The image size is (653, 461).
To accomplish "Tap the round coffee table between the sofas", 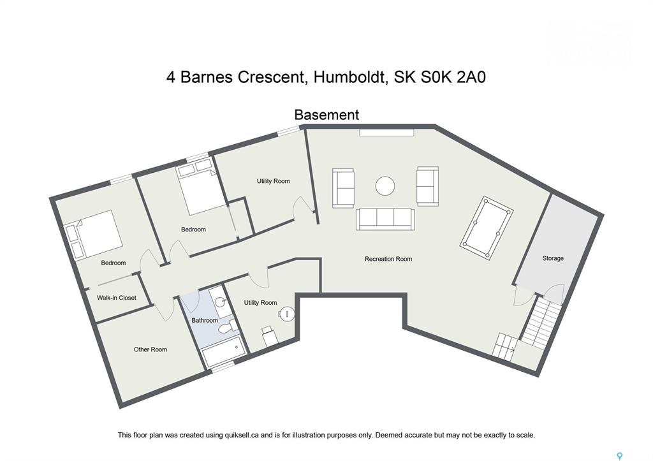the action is (x=385, y=186).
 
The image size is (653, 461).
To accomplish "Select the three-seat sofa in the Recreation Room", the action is (x=385, y=219).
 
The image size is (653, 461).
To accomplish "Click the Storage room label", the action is (x=553, y=258).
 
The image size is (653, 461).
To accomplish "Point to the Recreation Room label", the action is (x=388, y=259).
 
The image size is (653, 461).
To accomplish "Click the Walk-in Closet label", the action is (x=117, y=298).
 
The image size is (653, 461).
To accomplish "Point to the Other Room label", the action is (x=150, y=349).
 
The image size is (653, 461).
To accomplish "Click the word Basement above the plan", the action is (x=326, y=115).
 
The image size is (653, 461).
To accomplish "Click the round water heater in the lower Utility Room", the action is (x=287, y=314).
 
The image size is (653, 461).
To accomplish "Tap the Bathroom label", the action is (x=205, y=320).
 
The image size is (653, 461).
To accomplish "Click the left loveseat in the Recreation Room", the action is (x=343, y=188).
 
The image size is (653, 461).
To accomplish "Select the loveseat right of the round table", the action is (x=428, y=186).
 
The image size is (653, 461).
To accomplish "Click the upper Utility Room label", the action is (x=273, y=181).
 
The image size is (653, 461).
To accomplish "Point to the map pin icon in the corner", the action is (x=620, y=456).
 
